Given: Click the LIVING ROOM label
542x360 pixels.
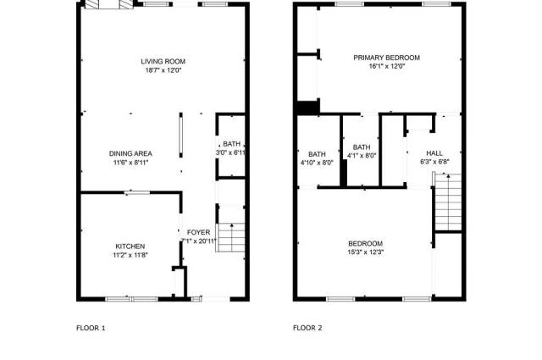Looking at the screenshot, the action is point(163,62).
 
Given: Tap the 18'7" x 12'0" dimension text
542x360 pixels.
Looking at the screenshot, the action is point(163,70).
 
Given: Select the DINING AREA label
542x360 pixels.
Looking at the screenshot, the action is point(130,153).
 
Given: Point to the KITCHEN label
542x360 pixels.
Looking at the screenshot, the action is point(130,246).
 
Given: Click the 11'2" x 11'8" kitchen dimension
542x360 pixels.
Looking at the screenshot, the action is point(130,255).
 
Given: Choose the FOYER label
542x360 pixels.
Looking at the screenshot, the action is point(198,232).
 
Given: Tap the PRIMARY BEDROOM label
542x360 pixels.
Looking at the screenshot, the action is point(386,58).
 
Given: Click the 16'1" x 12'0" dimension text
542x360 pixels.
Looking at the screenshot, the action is point(387,66).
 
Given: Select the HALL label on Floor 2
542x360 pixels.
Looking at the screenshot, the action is point(434,152).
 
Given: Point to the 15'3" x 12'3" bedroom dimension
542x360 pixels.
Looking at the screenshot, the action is point(365,252).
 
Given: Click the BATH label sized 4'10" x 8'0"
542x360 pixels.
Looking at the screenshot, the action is point(317,154).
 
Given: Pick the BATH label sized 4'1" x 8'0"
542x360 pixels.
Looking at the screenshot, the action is point(362,147).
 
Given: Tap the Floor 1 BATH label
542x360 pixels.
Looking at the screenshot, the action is point(231,144).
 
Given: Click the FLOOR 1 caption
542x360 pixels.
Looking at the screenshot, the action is point(91,328).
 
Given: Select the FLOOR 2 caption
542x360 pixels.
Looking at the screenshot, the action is point(307,328).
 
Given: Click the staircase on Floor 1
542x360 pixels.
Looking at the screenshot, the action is point(230,237).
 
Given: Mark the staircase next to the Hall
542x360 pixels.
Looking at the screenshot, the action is point(448,202).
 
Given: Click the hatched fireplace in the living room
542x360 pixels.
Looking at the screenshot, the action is point(109,4).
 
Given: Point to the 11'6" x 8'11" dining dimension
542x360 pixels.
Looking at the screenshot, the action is point(130,163).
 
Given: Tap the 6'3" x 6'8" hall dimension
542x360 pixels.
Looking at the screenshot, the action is point(434,162).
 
